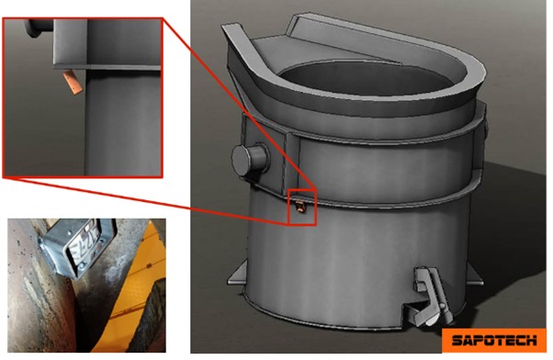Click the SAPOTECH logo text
(x=494, y=340)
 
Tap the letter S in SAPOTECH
(x=457, y=341)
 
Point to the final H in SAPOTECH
(x=532, y=340)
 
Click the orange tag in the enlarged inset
(x=73, y=82)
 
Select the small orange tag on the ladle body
(x=299, y=206)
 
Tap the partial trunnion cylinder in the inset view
(x=38, y=28)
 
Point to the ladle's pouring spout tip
(x=231, y=28)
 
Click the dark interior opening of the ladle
(x=367, y=78)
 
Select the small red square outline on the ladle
(x=302, y=208)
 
